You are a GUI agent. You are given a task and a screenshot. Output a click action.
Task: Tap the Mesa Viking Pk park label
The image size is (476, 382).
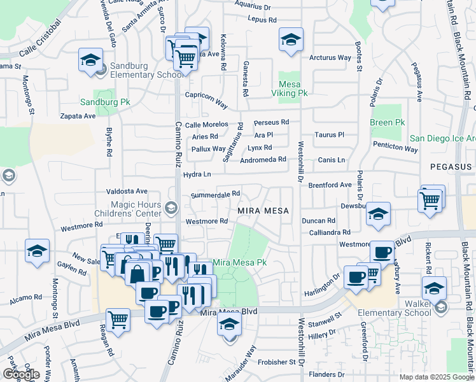click(x=293, y=88)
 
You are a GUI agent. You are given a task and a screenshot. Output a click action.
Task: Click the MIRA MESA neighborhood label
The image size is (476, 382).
click(x=263, y=211)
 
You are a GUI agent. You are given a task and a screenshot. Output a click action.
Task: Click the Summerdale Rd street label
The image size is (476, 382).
click(x=215, y=194)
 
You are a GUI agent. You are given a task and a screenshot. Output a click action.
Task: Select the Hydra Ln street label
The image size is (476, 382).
click(x=197, y=174)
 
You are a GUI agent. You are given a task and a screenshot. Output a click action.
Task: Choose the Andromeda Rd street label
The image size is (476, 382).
click(x=263, y=160)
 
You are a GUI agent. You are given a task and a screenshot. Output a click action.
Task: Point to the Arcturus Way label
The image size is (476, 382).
click(x=330, y=58)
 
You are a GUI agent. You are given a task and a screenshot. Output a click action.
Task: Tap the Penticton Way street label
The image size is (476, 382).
click(x=395, y=149)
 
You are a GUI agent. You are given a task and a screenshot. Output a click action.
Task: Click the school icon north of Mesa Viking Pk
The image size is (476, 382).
click(x=290, y=39)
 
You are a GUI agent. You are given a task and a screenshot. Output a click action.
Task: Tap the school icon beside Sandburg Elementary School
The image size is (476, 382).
click(x=90, y=60)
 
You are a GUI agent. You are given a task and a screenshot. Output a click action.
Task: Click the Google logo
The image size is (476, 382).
click(x=21, y=374)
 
